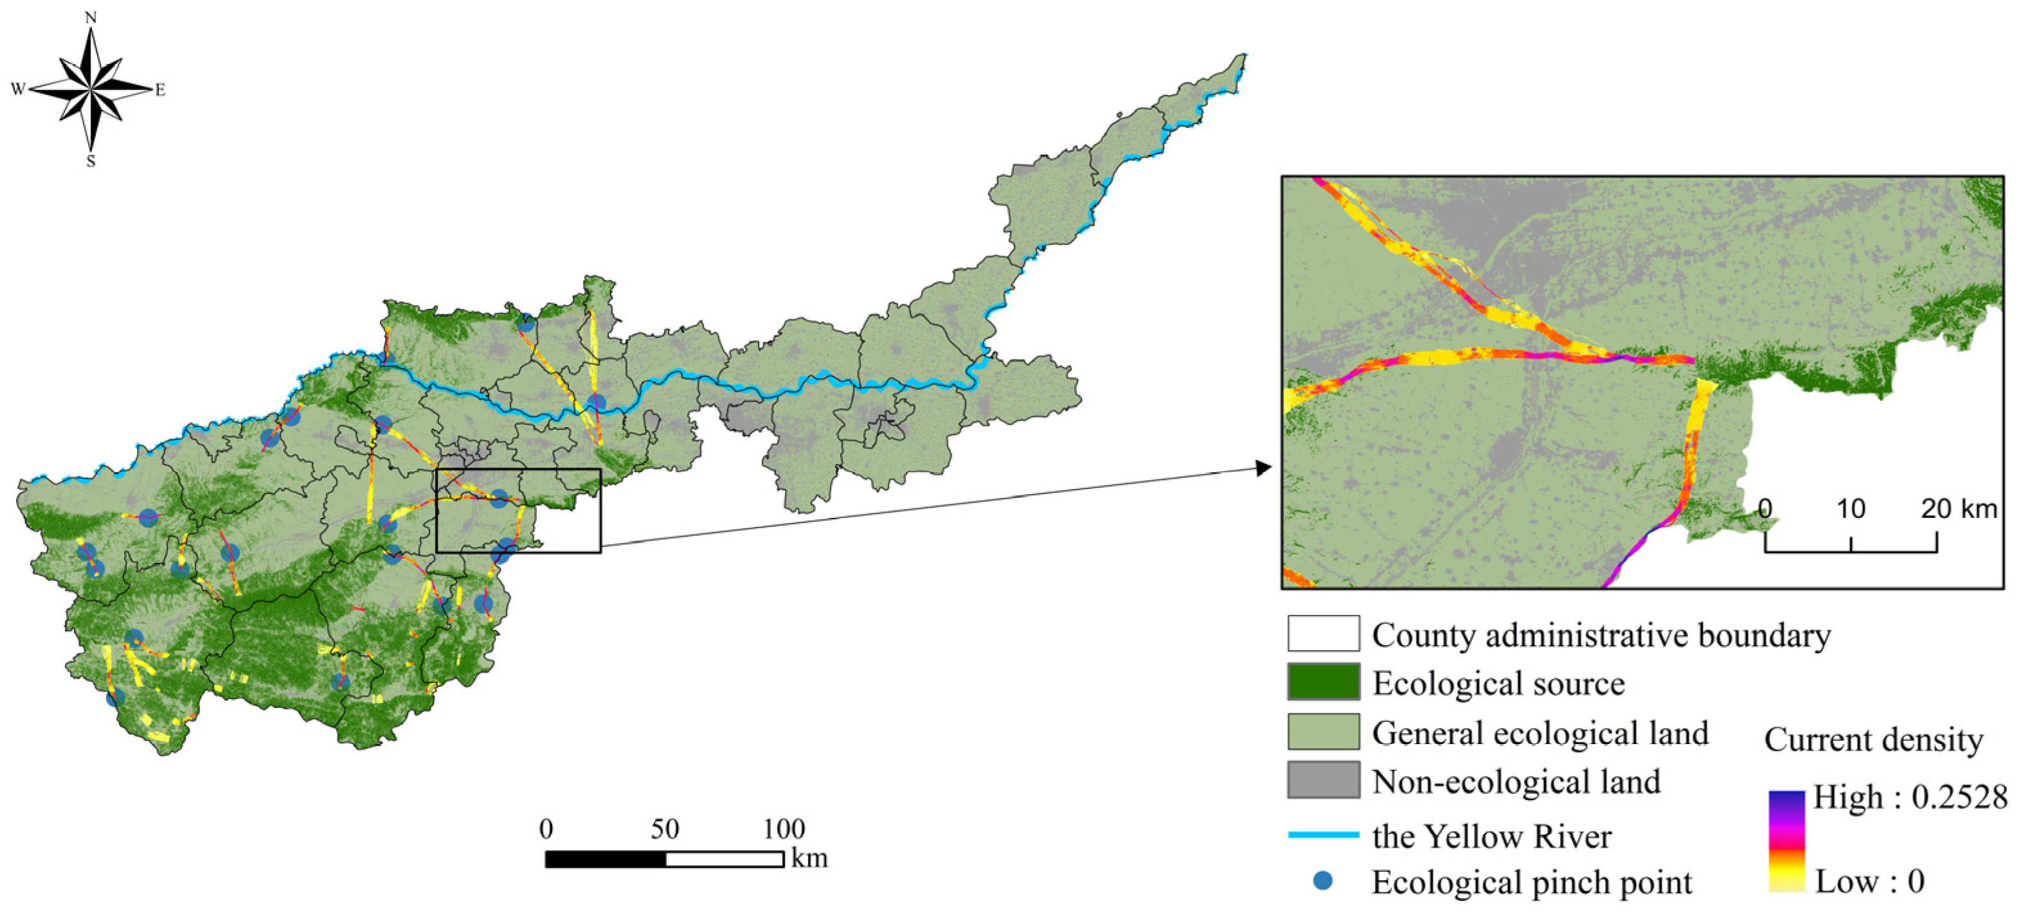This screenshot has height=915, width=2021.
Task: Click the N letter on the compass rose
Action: pos(91,17)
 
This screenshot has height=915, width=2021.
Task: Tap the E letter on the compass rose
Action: pos(160,90)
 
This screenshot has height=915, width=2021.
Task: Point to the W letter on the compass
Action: pos(18,89)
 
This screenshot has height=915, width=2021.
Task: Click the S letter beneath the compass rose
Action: pos(91,161)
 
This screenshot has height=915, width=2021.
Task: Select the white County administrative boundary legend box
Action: pos(1323,634)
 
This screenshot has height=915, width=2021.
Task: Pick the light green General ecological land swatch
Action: pos(1323,731)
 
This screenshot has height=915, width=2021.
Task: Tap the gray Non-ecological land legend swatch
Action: pos(1323,780)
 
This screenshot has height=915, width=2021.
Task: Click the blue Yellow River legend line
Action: pos(1323,835)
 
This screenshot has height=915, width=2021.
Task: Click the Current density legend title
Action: pos(1874,740)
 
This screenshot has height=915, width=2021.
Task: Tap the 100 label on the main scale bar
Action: pos(784,829)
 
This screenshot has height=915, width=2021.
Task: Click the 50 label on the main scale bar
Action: pos(665,829)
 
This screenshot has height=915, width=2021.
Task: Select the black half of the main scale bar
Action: pos(606,859)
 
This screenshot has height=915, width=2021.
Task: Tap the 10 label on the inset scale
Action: pos(1851,509)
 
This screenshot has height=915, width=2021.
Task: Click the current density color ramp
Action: pos(1786,840)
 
